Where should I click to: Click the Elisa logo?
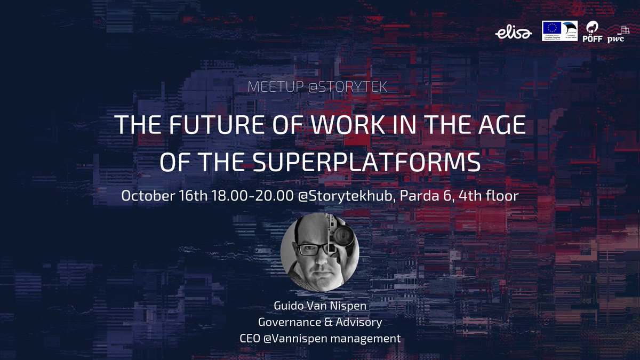pyautogui.click(x=513, y=33)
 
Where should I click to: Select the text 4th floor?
pyautogui.click(x=491, y=196)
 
